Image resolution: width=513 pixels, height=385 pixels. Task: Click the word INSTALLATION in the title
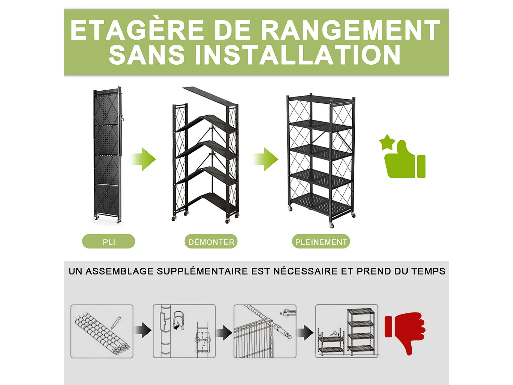[298, 55]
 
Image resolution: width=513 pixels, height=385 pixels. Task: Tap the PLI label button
[108, 242]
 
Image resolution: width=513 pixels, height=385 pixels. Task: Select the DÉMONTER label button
[211, 242]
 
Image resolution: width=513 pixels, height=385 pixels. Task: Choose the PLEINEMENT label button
[321, 242]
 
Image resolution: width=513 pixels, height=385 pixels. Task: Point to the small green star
[387, 142]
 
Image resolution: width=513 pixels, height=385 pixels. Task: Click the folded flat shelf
[107, 154]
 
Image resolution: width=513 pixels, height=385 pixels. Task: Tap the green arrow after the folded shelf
[144, 159]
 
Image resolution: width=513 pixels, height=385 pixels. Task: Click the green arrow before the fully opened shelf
[266, 159]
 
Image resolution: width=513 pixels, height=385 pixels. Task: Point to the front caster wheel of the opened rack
[331, 225]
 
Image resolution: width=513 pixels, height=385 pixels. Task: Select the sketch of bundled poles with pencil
[102, 331]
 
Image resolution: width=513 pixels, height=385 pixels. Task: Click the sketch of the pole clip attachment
[184, 331]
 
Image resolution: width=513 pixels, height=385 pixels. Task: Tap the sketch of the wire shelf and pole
[265, 331]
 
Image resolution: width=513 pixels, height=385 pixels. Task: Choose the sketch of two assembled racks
[346, 331]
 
